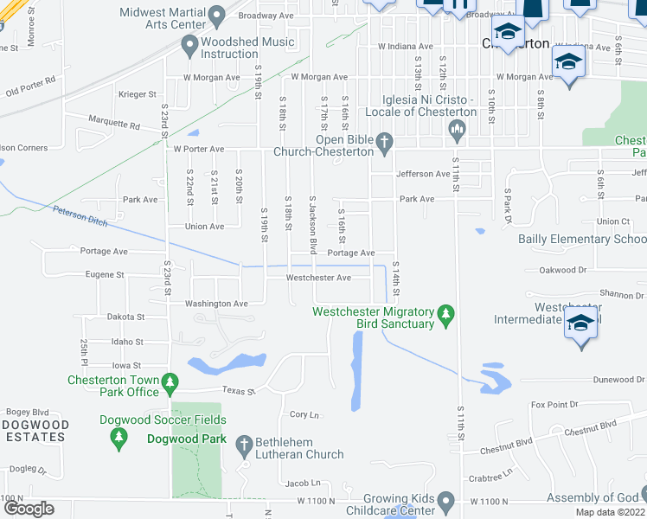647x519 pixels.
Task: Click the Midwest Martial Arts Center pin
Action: [x=217, y=15]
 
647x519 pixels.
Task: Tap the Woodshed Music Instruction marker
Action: [x=190, y=47]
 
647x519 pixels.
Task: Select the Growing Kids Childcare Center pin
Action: [x=446, y=501]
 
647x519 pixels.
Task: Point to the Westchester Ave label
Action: [x=318, y=278]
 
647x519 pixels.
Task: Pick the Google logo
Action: [x=28, y=509]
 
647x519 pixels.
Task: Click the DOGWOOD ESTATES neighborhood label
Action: [x=35, y=431]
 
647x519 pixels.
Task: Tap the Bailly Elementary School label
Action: [x=581, y=240]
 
